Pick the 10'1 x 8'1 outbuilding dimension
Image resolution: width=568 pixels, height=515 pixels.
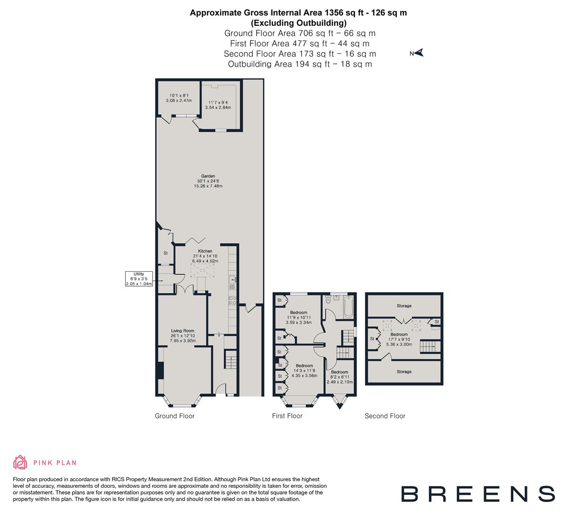(x=178, y=98)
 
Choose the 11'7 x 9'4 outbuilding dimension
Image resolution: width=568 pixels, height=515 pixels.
(x=218, y=105)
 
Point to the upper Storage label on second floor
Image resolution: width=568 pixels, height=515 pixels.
(x=404, y=306)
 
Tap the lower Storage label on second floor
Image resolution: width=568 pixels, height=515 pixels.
(x=404, y=371)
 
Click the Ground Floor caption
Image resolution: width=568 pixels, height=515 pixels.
(x=175, y=416)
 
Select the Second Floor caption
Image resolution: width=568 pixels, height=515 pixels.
(x=385, y=416)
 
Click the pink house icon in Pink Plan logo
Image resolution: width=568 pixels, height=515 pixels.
(x=21, y=462)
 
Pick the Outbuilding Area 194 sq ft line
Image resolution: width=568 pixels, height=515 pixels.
(x=300, y=64)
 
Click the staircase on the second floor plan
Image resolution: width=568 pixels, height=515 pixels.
(x=429, y=346)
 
